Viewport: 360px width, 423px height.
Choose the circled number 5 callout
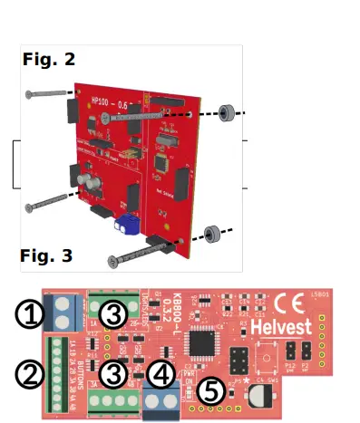pos(210,391)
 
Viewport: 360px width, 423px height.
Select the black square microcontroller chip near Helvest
pos(200,343)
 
